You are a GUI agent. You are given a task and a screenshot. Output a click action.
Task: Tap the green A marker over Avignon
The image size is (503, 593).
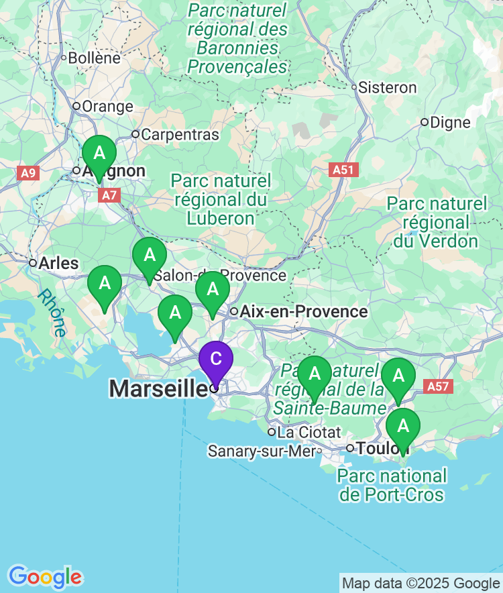99,154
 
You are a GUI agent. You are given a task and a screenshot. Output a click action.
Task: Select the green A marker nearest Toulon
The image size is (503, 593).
403,426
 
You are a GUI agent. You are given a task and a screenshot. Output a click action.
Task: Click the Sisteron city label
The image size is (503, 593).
387,87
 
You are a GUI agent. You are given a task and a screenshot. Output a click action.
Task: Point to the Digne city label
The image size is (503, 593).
450,122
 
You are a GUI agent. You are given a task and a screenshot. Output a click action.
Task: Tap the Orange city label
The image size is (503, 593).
107,106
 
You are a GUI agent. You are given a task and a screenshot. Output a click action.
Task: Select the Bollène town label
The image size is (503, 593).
94,58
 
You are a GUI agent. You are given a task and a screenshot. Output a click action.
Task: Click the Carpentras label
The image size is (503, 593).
180,134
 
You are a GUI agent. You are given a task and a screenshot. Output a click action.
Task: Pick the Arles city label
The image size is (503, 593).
58,263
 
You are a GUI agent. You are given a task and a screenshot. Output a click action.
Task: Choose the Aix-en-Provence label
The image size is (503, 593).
304,311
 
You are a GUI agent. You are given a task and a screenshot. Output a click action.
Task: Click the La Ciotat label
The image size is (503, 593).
309,431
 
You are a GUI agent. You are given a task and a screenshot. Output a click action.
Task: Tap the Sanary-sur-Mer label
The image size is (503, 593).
262,451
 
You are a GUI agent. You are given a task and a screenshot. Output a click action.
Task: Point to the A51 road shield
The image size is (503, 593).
343,170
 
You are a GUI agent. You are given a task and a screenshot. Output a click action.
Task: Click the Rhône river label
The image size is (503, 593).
52,313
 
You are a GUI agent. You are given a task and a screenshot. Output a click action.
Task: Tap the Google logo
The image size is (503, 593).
45,576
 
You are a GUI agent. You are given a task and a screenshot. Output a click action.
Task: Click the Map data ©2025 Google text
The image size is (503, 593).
421,583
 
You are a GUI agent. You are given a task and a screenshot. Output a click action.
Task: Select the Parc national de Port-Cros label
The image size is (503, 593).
392,486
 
